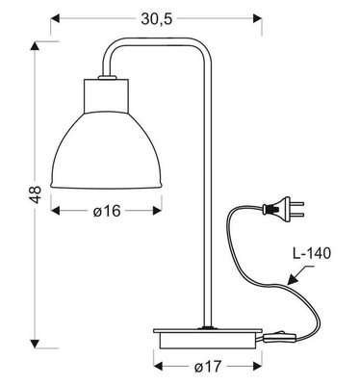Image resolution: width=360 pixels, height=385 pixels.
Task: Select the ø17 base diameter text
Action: click(208, 367)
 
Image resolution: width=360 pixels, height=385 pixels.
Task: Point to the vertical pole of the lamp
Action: click(207, 192)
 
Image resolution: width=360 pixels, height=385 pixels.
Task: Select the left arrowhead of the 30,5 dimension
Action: click(55, 17)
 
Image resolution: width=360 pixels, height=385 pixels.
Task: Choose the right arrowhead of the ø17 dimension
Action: click(258, 367)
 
